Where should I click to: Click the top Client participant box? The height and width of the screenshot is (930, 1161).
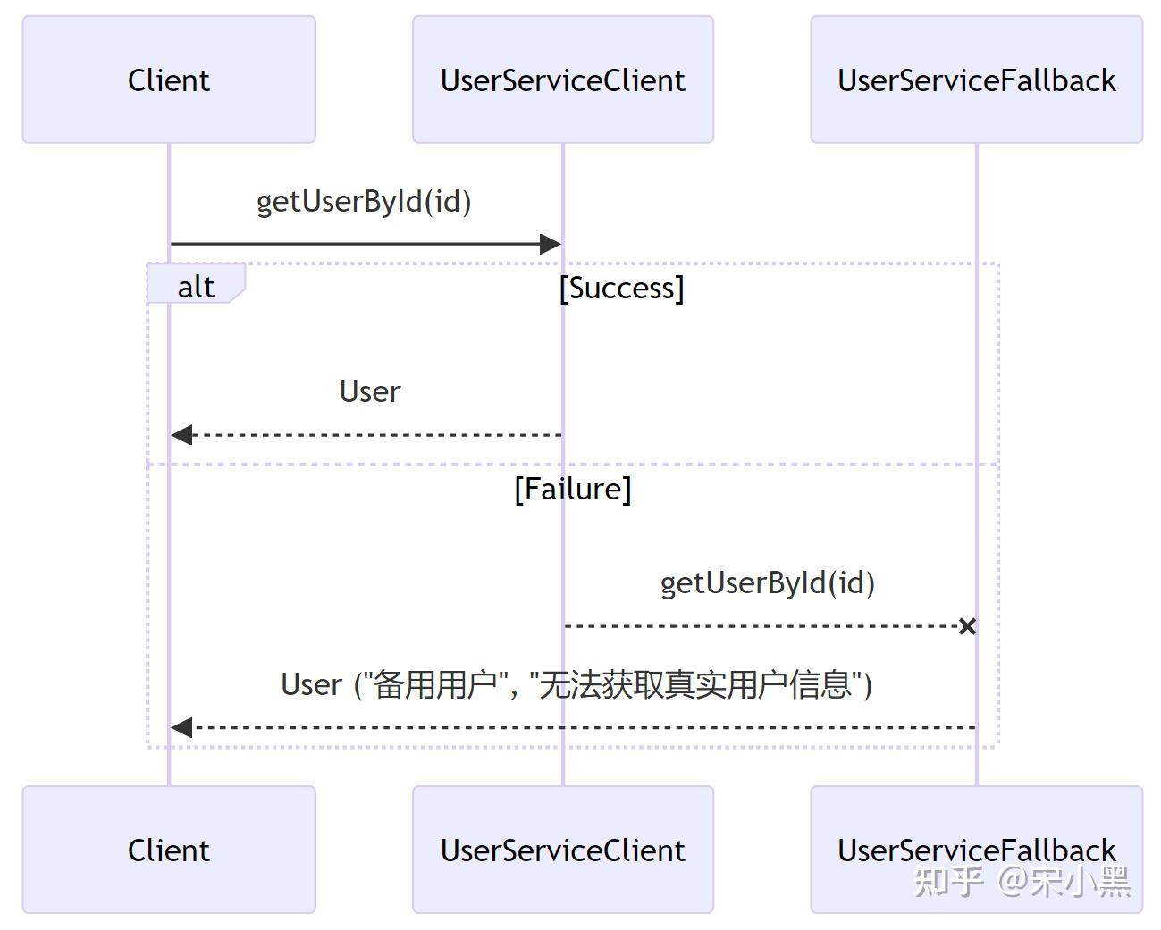(x=169, y=80)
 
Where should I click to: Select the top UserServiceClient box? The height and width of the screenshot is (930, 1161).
(x=562, y=80)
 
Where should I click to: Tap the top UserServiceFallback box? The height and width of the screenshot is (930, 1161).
(x=976, y=80)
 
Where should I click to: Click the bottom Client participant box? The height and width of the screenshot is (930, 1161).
(x=169, y=850)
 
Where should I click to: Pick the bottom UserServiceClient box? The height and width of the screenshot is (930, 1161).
(x=562, y=850)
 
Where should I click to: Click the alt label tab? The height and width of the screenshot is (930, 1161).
(x=196, y=286)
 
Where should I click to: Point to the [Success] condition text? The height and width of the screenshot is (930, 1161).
(x=621, y=288)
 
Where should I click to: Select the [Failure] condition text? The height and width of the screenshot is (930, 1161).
(x=572, y=489)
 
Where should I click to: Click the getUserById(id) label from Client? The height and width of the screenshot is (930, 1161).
(x=364, y=201)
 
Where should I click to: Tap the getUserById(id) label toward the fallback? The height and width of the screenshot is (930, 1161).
(x=767, y=582)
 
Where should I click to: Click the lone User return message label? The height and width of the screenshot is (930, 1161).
(x=370, y=391)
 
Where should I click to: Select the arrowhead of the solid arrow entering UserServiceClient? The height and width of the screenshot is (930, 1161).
(x=550, y=244)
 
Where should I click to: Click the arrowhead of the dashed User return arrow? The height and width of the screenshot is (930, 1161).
(x=182, y=435)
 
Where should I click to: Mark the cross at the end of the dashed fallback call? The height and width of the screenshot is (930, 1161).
(x=966, y=626)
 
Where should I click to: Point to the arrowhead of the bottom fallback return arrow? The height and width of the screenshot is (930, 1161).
(x=182, y=728)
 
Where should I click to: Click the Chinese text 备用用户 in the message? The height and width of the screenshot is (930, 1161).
(x=434, y=684)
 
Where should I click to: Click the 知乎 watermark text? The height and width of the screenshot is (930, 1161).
(x=947, y=882)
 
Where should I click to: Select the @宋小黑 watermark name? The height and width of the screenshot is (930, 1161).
(x=1064, y=882)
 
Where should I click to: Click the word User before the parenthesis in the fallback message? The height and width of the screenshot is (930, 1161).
(x=311, y=684)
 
